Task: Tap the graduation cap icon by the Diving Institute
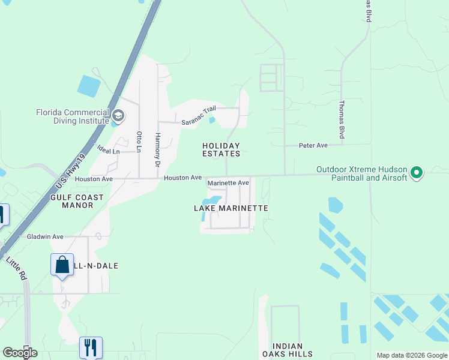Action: (x=118, y=115)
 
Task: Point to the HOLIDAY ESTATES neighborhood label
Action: (x=221, y=149)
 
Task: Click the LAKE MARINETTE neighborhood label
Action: (x=231, y=208)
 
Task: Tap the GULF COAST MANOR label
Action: (x=77, y=201)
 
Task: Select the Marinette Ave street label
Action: (x=228, y=183)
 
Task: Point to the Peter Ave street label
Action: (x=313, y=145)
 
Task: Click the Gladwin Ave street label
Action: (x=45, y=237)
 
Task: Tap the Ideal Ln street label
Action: (x=109, y=150)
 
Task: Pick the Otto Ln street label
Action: (x=139, y=142)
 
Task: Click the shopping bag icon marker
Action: (x=62, y=265)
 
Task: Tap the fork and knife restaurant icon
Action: (x=91, y=347)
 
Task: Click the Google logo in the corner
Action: (x=20, y=352)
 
